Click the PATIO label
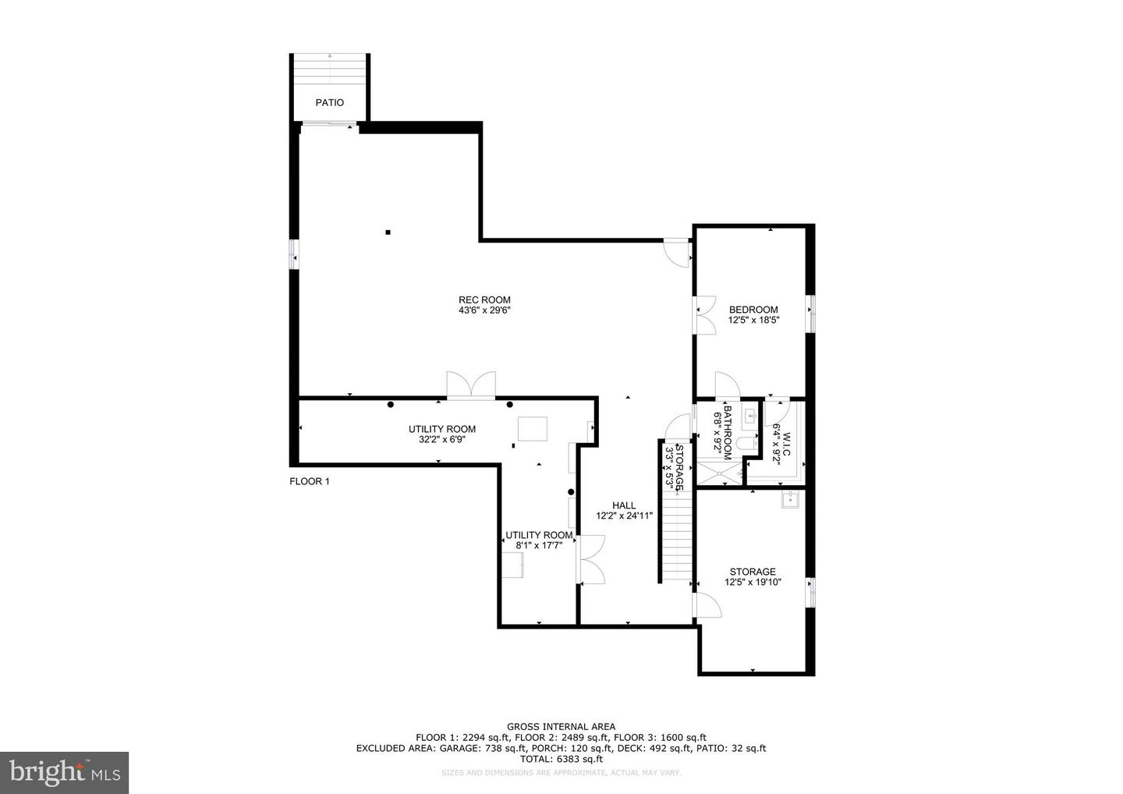329,103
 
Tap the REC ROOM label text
484,300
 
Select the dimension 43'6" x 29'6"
484,310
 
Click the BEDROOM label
753,310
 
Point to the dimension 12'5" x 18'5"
753,320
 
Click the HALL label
624,505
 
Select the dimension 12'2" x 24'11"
624,516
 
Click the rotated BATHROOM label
728,429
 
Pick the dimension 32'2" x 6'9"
442,439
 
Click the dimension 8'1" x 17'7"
539,545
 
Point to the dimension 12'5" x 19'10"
753,582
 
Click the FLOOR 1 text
310,482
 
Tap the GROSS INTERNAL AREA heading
561,727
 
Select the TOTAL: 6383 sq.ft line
561,758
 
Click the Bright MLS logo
64,772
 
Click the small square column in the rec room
388,231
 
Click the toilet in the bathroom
747,443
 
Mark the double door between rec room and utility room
470,385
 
